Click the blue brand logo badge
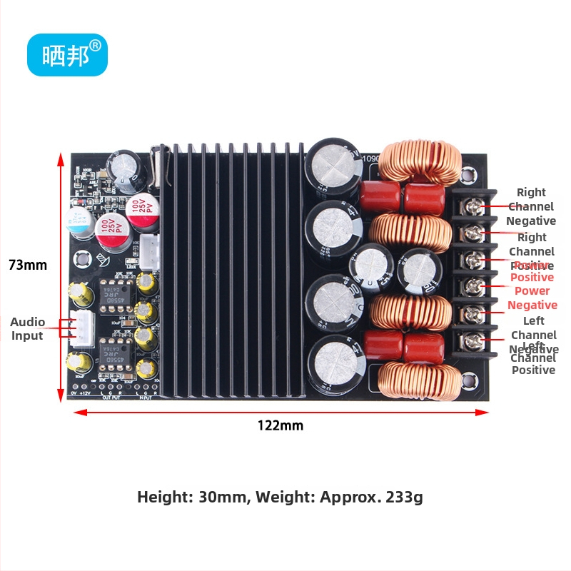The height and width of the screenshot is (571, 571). (67, 55)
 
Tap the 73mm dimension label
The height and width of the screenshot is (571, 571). (28, 265)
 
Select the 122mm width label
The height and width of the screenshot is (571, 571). (281, 426)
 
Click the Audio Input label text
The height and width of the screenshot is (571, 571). (27, 329)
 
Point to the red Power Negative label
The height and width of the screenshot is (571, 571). (532, 298)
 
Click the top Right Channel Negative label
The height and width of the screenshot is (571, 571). (531, 206)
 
